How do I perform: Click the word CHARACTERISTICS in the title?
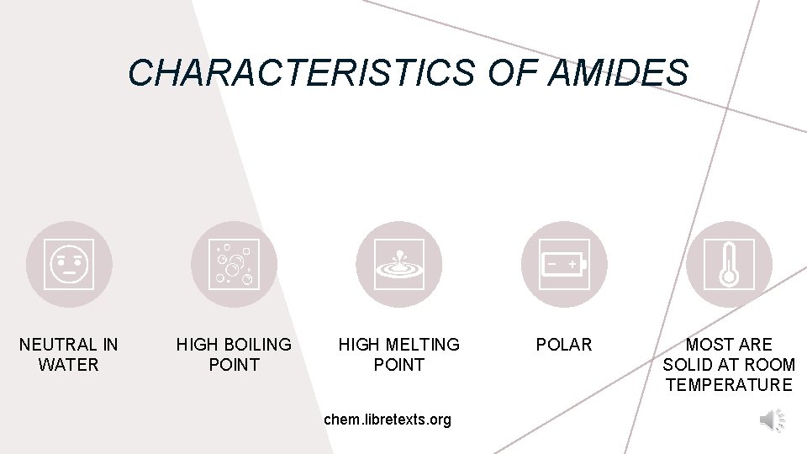pyautogui.click(x=300, y=72)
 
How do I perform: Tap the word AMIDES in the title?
pyautogui.click(x=617, y=72)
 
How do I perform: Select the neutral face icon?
pyautogui.click(x=69, y=264)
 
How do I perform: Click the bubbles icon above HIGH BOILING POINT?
pyautogui.click(x=234, y=264)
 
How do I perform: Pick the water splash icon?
pyautogui.click(x=398, y=264)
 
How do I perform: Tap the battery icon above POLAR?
pyautogui.click(x=563, y=264)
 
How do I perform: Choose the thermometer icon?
pyautogui.click(x=728, y=264)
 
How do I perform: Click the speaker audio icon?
pyautogui.click(x=772, y=420)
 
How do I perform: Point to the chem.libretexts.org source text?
pyautogui.click(x=388, y=419)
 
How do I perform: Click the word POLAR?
pyautogui.click(x=564, y=345)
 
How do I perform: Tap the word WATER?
pyautogui.click(x=69, y=365)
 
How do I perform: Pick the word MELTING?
pyautogui.click(x=419, y=345)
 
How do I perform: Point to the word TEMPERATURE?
pyautogui.click(x=729, y=385)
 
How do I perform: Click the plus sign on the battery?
pyautogui.click(x=572, y=264)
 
